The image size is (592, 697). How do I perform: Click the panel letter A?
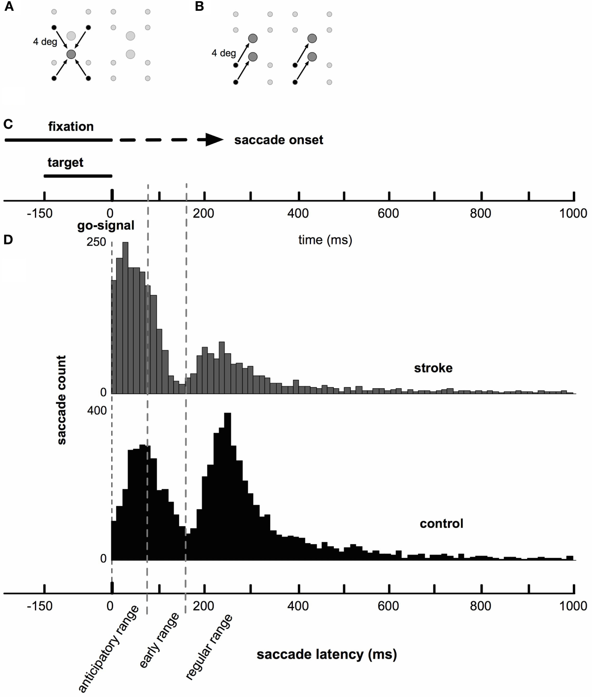click(8, 7)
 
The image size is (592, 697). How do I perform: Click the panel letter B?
click(199, 7)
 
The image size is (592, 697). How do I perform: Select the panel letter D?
click(8, 239)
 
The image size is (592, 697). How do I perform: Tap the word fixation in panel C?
click(71, 127)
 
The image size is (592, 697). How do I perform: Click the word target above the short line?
click(65, 162)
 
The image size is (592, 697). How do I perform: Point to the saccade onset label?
click(279, 140)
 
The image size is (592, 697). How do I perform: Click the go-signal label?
click(106, 226)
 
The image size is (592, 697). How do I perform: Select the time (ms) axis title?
click(325, 240)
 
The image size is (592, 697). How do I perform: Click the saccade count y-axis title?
click(62, 400)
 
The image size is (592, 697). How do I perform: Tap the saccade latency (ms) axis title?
click(327, 654)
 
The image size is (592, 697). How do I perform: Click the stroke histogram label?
click(433, 368)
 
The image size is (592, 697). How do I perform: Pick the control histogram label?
click(441, 523)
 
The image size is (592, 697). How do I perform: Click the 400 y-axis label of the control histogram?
click(97, 411)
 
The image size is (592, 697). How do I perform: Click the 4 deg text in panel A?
click(45, 42)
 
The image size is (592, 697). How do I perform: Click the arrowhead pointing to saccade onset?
click(214, 140)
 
